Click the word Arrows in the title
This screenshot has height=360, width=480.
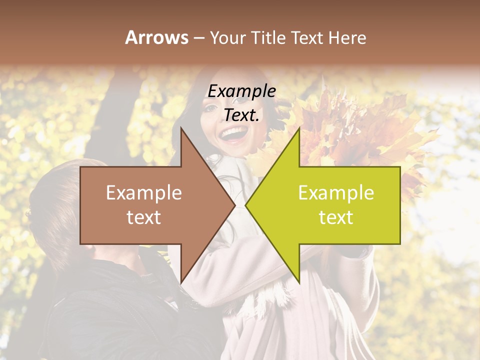point(156,37)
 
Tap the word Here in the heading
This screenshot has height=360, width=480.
point(347,37)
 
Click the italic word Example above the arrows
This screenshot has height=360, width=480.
point(241,91)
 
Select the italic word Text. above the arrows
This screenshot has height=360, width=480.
point(241,115)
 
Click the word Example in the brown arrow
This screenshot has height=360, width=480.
point(144,193)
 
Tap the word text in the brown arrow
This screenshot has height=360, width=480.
point(144,217)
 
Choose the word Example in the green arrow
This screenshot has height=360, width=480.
point(336,193)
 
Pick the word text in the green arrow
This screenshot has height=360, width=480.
point(336,217)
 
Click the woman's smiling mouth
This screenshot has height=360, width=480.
point(233,134)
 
